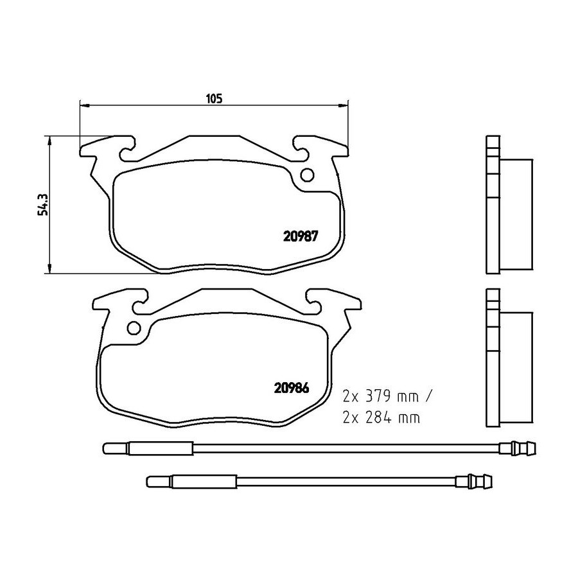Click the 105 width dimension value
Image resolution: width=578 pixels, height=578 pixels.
214,98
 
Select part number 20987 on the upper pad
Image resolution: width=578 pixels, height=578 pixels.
300,236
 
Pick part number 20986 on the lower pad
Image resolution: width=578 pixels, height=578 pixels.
291,388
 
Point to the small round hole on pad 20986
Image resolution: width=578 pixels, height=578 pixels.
134,328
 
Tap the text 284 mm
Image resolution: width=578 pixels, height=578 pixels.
392,417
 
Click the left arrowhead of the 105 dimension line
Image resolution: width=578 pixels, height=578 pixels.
84,106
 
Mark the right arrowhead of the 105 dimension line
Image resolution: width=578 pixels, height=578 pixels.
344,106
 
